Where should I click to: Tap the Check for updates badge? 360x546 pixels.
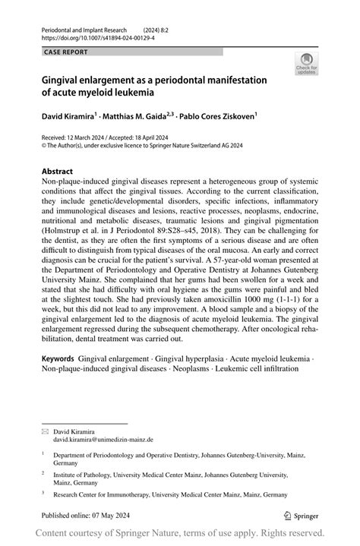coord(307,65)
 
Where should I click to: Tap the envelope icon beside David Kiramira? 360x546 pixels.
coord(45,431)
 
